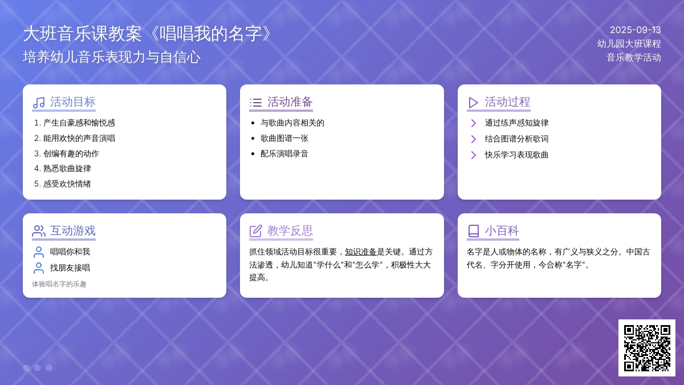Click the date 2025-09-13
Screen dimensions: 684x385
coord(635,30)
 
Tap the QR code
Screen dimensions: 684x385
coord(647,348)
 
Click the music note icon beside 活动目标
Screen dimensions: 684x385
coord(39,103)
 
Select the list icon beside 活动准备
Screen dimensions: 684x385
coord(255,103)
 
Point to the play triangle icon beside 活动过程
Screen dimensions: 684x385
coord(473,103)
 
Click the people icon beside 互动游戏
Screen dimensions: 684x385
coord(39,232)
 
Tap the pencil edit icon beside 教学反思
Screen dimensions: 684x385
coord(255,231)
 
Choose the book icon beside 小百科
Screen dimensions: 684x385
coord(473,231)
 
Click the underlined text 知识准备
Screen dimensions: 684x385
coord(361,252)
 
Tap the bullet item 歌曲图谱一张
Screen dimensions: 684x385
coord(284,138)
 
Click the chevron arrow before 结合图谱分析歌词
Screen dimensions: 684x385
coord(473,139)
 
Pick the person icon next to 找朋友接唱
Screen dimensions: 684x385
coord(39,268)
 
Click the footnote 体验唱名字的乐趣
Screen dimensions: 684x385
coord(59,284)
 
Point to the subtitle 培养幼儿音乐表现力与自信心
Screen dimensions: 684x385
coord(112,57)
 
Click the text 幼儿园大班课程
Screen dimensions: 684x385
coord(629,44)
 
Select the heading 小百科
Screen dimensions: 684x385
coord(502,230)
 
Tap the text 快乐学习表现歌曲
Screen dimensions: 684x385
coord(516,155)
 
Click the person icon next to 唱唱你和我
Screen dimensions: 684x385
coord(39,252)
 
